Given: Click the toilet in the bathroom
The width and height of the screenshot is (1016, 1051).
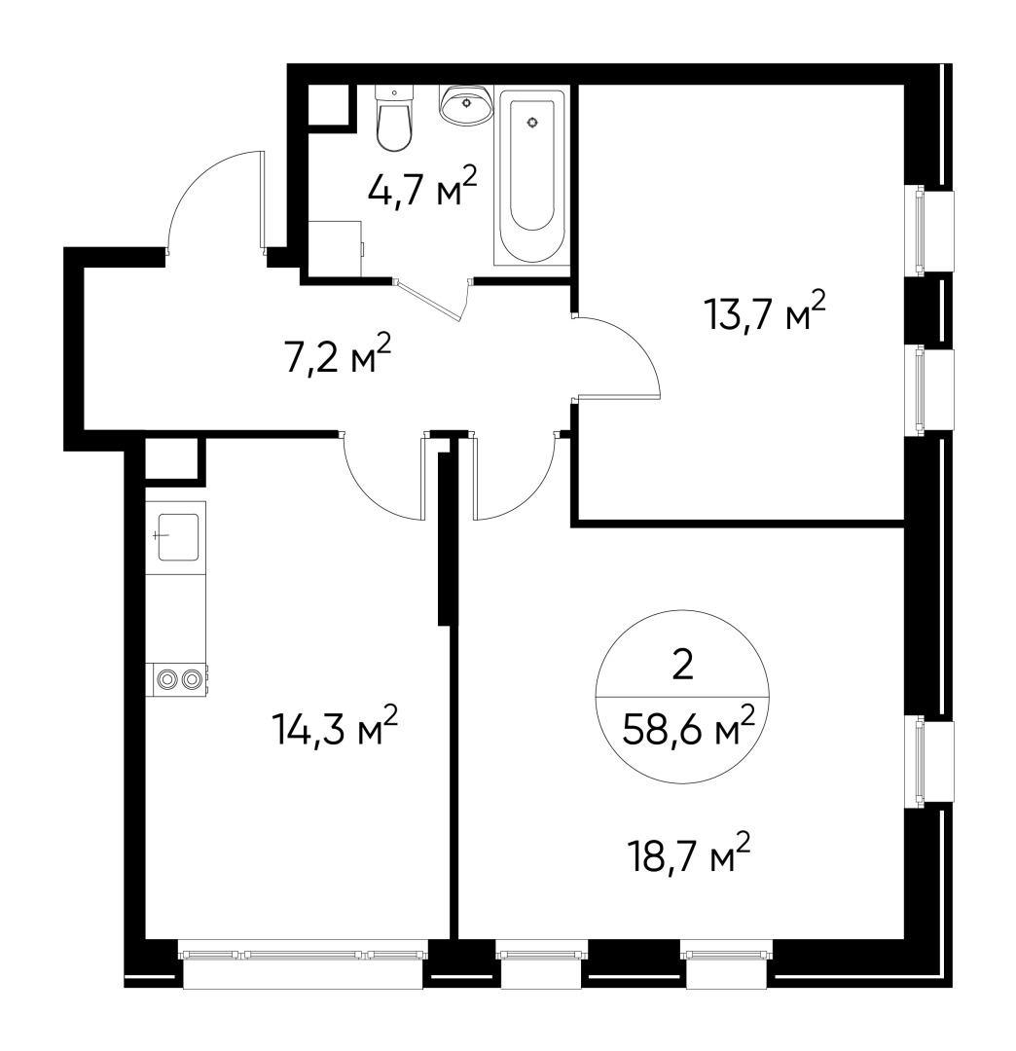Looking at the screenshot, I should coord(394,121).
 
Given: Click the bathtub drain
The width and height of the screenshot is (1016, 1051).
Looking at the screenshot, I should coord(531,123).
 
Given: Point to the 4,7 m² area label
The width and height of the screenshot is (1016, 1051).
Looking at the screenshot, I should coord(422,187).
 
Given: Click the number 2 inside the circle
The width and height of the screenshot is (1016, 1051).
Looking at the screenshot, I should coord(682,666).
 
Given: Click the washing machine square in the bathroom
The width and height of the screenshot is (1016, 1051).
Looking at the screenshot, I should coord(335,248).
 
